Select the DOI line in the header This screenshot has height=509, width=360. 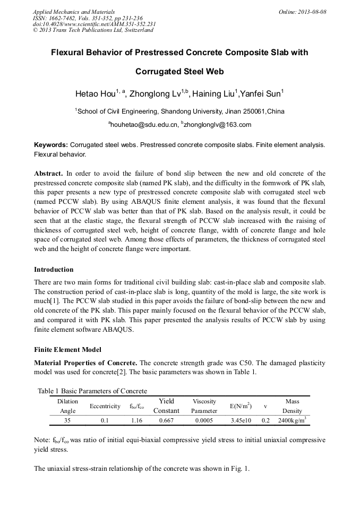tap(94, 24)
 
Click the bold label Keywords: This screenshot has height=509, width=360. tap(51, 144)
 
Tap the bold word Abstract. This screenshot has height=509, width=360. tap(48, 174)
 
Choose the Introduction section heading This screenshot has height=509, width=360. tap(54, 269)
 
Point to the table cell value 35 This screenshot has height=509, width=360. tap(67, 420)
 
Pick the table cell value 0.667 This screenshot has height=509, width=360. tap(166, 420)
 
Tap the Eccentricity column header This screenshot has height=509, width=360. tap(105, 406)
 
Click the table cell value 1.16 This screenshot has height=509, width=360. tap(137, 420)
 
